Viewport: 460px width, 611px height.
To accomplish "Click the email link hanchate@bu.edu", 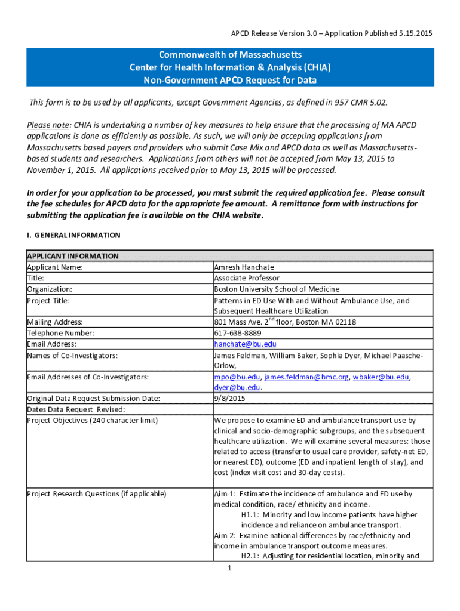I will pyautogui.click(x=237, y=344).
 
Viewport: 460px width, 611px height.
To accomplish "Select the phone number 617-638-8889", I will pyautogui.click(x=237, y=333).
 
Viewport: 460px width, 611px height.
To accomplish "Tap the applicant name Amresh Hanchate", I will pyautogui.click(x=244, y=267).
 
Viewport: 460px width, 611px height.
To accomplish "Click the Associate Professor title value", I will pyautogui.click(x=246, y=278).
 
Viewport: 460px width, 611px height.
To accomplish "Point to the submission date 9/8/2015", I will pyautogui.click(x=229, y=399).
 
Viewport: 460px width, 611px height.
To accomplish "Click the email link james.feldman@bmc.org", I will pyautogui.click(x=307, y=377).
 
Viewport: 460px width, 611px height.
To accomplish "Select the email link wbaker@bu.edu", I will pyautogui.click(x=381, y=377).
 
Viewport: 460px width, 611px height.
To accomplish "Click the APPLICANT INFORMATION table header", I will pyautogui.click(x=73, y=256).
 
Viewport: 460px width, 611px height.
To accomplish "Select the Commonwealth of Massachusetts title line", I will pyautogui.click(x=230, y=55).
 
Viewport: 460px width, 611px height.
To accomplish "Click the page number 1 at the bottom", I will pyautogui.click(x=229, y=568).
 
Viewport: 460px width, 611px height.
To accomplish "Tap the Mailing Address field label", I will pyautogui.click(x=55, y=322).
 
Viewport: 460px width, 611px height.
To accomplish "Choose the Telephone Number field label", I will pyautogui.click(x=61, y=333).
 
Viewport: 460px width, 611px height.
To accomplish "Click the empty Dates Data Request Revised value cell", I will pyautogui.click(x=323, y=409).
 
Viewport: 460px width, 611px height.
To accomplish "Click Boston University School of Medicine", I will pyautogui.click(x=277, y=289).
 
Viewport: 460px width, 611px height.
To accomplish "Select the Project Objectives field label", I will pyautogui.click(x=93, y=421).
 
